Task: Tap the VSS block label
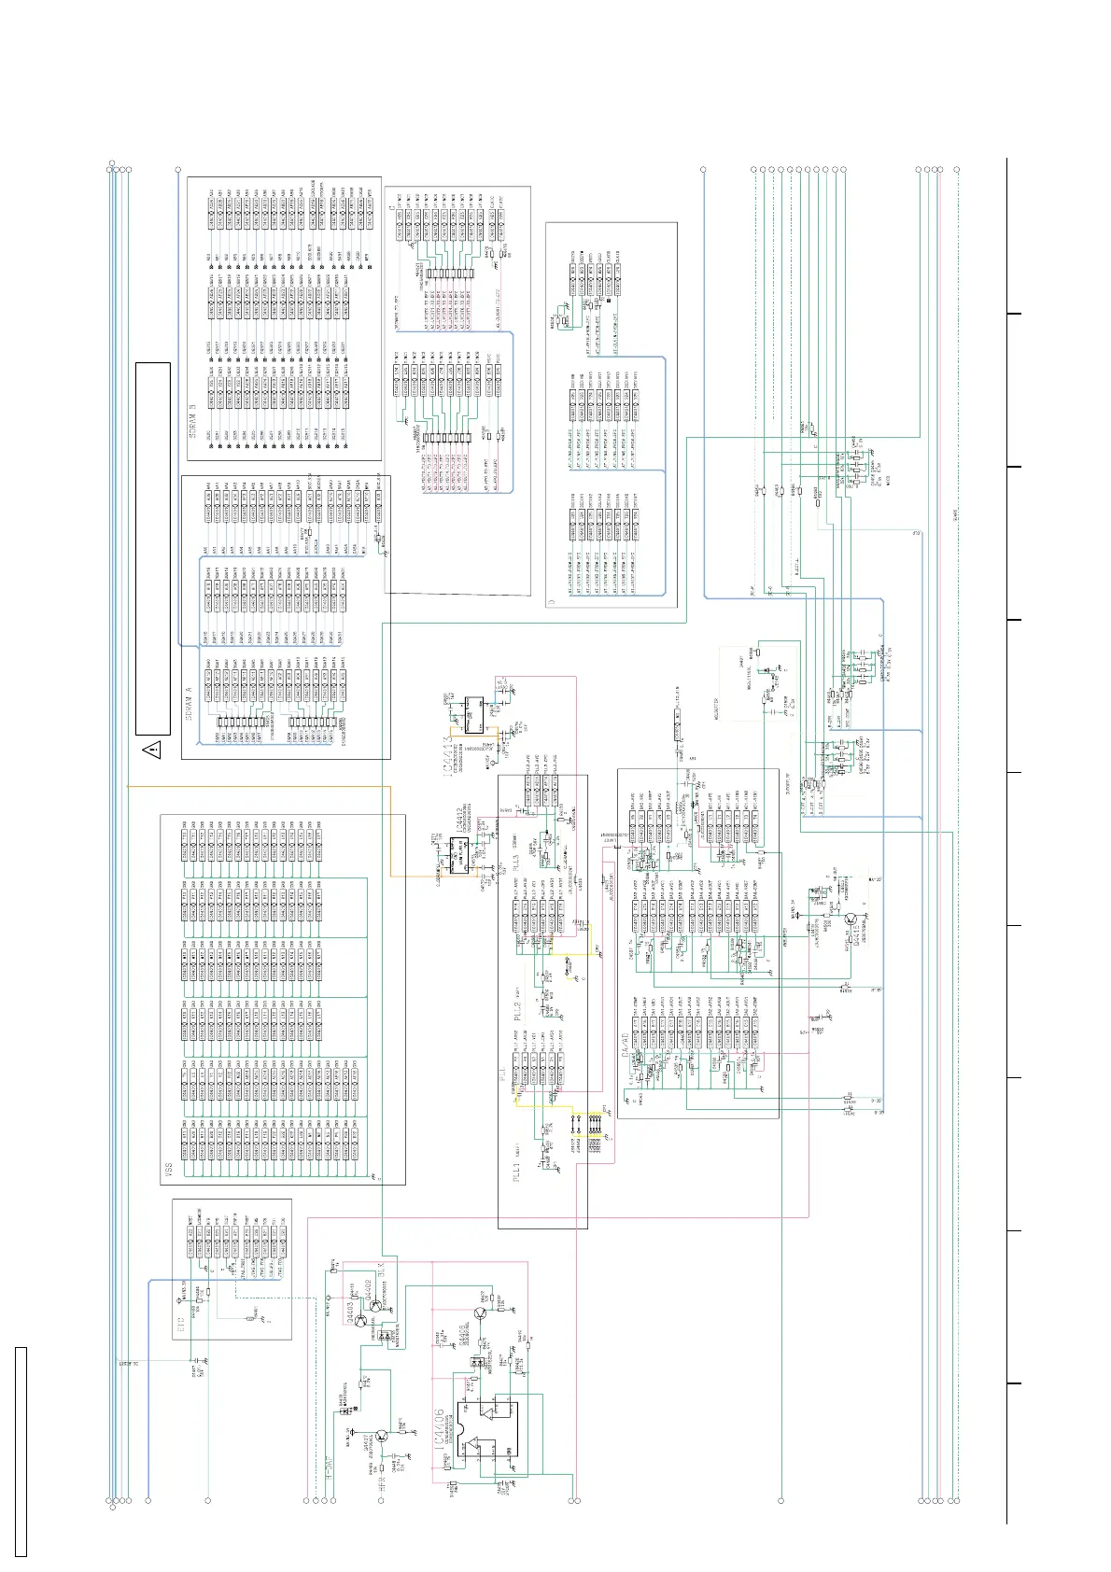167,1167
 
